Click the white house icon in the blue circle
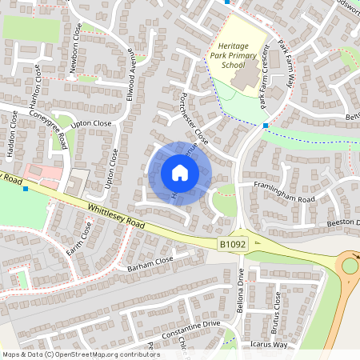(x=180, y=173)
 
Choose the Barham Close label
(x=150, y=264)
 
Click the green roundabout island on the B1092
(x=350, y=265)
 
